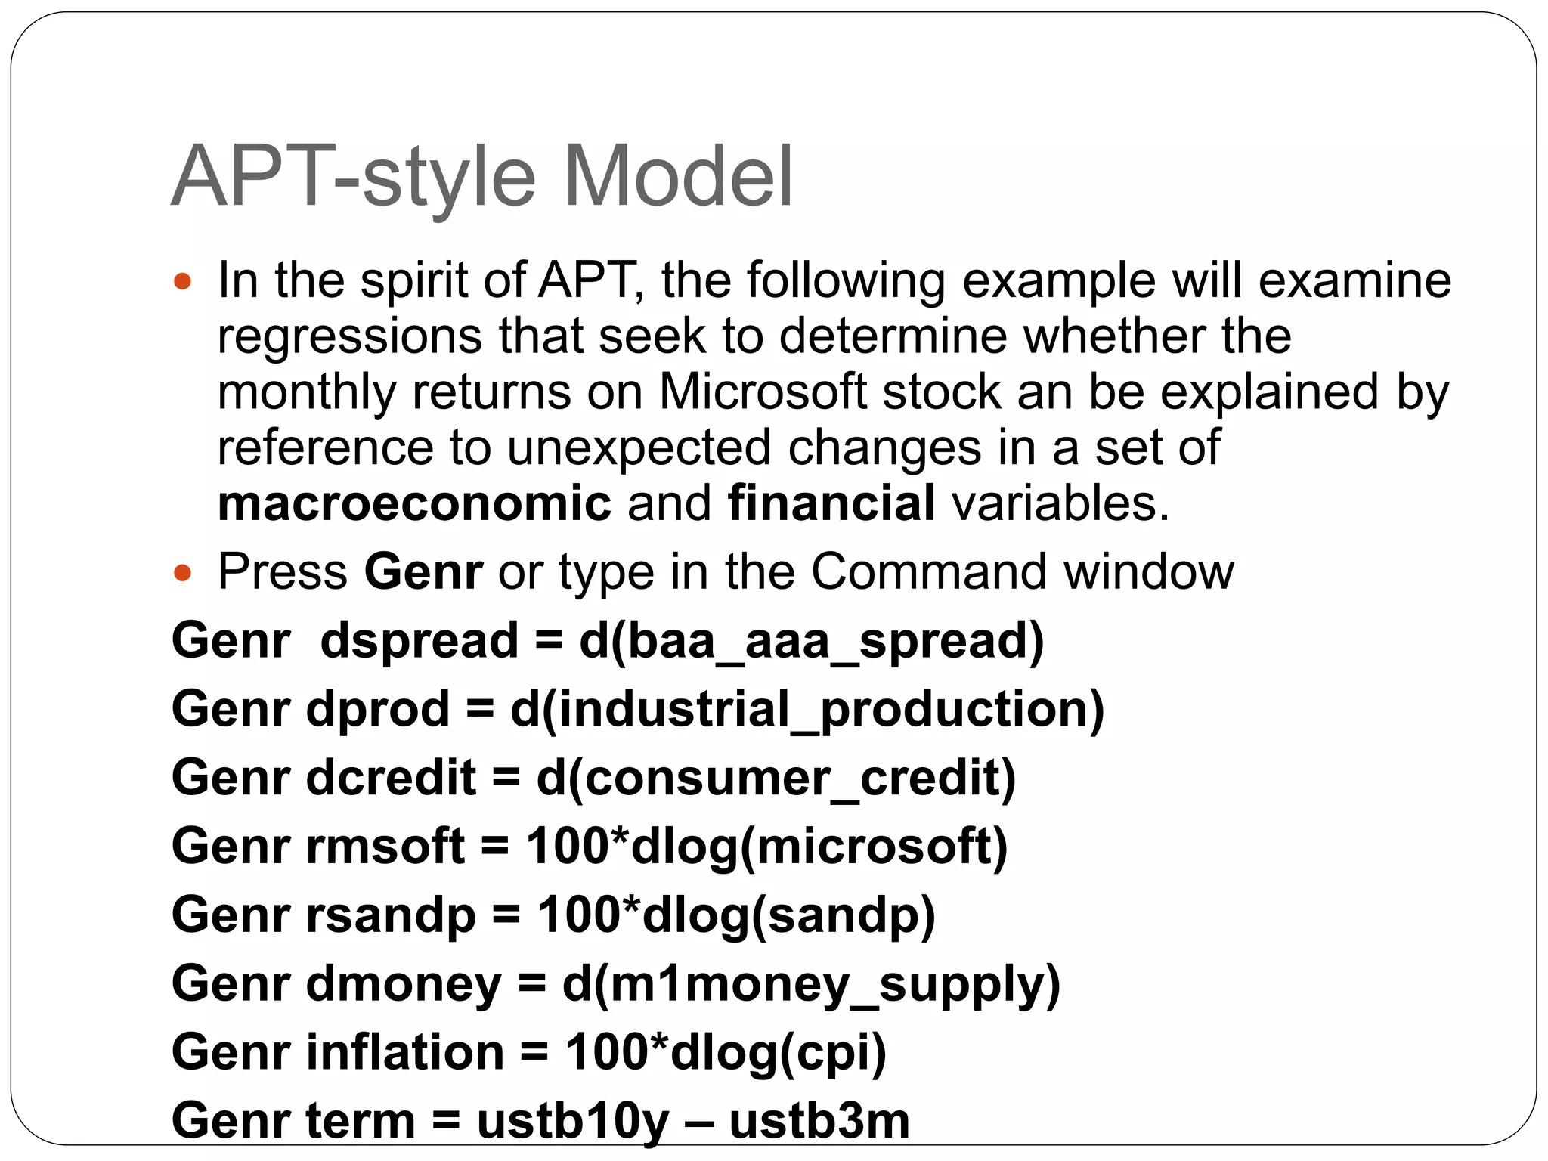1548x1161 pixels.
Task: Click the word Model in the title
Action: [678, 177]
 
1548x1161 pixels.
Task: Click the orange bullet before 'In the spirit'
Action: [182, 283]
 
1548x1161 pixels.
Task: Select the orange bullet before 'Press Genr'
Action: [182, 573]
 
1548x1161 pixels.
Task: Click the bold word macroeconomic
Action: [414, 503]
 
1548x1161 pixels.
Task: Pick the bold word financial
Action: [831, 503]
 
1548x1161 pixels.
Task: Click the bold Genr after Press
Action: [423, 571]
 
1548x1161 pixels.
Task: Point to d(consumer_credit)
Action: [776, 779]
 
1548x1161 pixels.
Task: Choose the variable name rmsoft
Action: [385, 847]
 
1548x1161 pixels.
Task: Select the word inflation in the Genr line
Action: [405, 1053]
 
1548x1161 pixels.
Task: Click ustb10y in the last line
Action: [573, 1121]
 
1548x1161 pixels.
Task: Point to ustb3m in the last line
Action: [819, 1121]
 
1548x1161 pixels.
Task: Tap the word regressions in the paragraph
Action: [349, 336]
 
